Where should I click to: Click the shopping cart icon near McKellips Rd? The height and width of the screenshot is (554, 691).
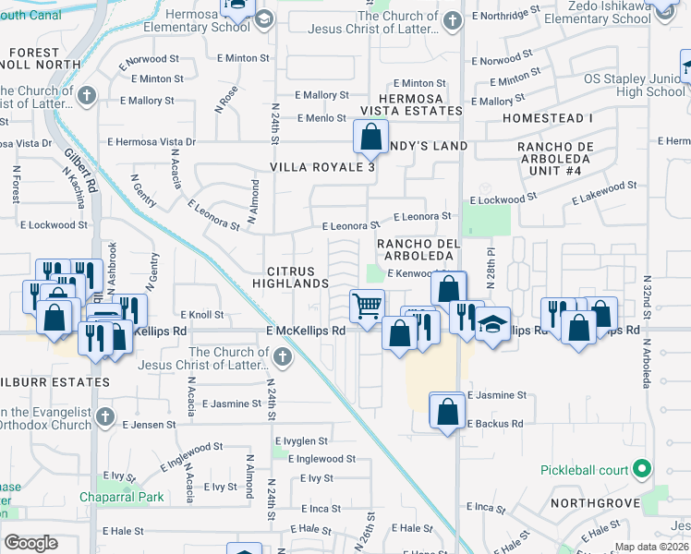click(x=368, y=305)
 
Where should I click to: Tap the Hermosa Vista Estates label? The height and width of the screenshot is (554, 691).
click(x=410, y=104)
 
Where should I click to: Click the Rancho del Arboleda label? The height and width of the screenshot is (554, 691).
click(x=418, y=250)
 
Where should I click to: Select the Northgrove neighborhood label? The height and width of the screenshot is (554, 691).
click(x=595, y=503)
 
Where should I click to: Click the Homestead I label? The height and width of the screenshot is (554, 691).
click(x=548, y=119)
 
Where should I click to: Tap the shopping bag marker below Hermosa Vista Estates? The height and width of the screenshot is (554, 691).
click(x=370, y=138)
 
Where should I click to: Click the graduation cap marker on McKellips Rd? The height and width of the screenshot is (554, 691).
click(x=493, y=323)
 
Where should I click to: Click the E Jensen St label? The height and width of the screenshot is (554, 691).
click(x=150, y=425)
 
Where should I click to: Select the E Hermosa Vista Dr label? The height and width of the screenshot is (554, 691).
click(x=152, y=142)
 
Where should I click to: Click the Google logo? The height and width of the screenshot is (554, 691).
click(x=30, y=543)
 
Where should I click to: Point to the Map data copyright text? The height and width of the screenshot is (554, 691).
click(x=651, y=547)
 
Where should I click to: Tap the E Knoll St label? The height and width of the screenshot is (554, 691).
click(x=202, y=315)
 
